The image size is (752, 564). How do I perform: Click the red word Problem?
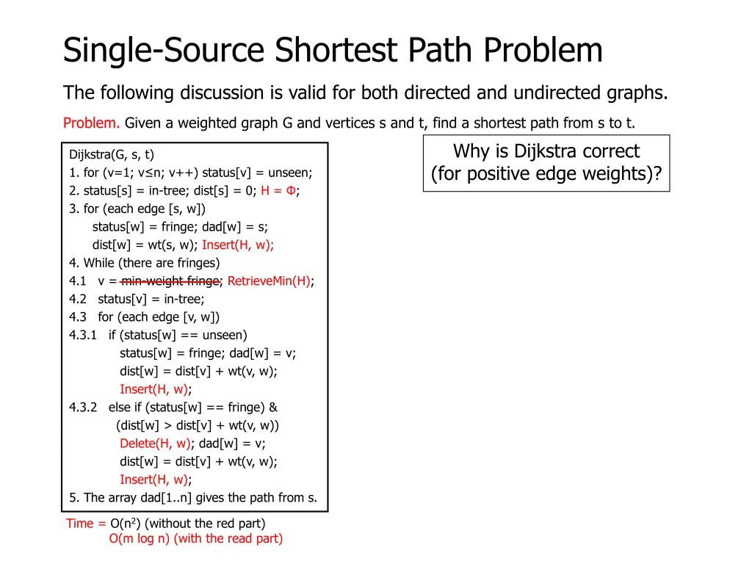point(91,123)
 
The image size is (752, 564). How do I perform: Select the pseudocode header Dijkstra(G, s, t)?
point(112,154)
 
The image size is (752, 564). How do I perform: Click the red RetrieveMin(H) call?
point(269,281)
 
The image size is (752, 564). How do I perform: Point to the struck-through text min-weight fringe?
point(170,281)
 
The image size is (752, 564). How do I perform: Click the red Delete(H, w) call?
point(155,444)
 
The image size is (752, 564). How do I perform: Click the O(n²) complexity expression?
point(126,524)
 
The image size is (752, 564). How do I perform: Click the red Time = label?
point(86,524)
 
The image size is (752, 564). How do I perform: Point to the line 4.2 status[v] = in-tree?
point(137,299)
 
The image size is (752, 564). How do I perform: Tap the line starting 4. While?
point(145,263)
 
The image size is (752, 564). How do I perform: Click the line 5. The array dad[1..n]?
point(193,498)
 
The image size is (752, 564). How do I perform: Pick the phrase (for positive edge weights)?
point(546,175)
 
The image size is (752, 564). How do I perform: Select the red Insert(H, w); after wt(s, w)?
point(238,245)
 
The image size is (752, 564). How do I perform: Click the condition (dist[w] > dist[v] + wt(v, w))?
point(198,425)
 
